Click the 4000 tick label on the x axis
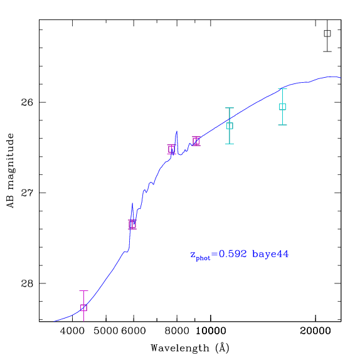point(72,331)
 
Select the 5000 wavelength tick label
point(106,331)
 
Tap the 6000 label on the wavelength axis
point(134,331)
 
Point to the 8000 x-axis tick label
point(177,331)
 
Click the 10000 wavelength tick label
point(211,331)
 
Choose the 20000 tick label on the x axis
point(315,331)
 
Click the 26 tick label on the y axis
point(27,102)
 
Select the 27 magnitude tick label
point(27,193)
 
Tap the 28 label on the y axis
point(27,283)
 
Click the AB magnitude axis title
point(10,171)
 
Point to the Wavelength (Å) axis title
point(190,348)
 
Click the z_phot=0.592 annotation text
point(218,255)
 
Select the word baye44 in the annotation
point(270,254)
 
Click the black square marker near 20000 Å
point(327,33)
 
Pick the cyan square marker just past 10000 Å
point(230,126)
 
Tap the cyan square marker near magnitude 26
point(282,107)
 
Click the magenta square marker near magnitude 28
point(83,308)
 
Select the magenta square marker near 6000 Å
point(132,225)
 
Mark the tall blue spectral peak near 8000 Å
point(177,132)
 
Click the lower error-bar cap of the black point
point(327,51)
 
